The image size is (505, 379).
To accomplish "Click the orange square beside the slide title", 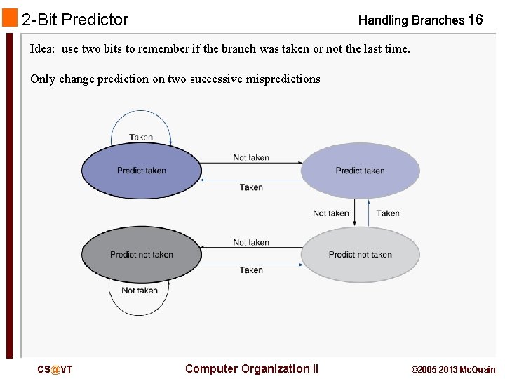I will pos(10,18).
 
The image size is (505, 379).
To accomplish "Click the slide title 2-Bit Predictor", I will pos(75,20).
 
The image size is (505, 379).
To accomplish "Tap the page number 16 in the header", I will pos(475,20).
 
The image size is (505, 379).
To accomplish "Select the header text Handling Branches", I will pos(410,20).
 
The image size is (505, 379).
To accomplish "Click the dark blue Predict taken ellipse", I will pos(142,171).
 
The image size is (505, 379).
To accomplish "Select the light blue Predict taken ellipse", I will pos(360,171).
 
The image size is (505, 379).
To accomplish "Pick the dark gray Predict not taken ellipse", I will pos(142,254).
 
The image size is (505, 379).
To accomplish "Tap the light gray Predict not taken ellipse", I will pos(360,254).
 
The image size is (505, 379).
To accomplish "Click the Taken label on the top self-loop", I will pos(141,138).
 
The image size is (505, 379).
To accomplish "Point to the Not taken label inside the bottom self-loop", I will pos(140,291).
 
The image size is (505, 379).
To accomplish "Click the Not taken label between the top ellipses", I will pos(251,157).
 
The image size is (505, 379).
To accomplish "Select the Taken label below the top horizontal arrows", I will pos(251,187).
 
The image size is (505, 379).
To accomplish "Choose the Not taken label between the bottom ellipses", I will pos(251,242).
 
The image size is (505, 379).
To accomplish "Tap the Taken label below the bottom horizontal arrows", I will pos(251,270).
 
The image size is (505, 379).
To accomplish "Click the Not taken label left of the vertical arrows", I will pos(330,213).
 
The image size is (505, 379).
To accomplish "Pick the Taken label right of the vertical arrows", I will pos(388,213).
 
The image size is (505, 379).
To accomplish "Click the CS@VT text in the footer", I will pos(55,369).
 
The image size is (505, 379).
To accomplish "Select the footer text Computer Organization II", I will pos(251,368).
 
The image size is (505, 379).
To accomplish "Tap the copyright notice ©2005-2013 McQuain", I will pos(452,369).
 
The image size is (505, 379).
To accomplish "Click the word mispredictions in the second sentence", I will pos(283,79).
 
